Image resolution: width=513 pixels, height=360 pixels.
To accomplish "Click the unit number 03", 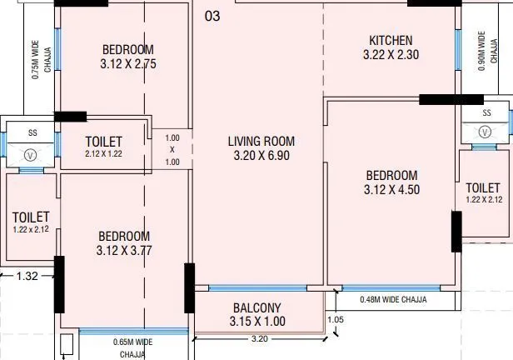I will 212,16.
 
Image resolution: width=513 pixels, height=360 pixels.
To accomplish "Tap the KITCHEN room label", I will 391,41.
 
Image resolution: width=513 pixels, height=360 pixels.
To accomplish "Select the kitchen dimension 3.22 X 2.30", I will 391,55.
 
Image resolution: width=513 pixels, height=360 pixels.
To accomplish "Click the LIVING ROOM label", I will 261,141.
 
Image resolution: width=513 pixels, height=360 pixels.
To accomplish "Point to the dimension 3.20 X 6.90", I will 261,155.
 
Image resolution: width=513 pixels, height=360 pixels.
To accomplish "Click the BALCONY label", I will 257,307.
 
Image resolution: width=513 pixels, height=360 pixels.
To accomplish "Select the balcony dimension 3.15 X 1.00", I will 257,321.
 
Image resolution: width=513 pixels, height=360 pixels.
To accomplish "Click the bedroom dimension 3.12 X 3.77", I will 124,250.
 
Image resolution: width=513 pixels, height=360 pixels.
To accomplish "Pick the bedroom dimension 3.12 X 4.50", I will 391,190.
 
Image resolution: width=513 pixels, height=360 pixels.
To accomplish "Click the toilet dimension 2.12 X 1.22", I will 103,154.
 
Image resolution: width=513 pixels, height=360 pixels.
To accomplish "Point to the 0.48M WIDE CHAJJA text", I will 393,299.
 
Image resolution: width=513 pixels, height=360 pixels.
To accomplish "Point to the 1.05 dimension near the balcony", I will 335,319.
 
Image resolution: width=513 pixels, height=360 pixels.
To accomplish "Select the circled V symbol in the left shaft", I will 32,154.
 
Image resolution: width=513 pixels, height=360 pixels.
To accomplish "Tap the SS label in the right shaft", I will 486,112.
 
